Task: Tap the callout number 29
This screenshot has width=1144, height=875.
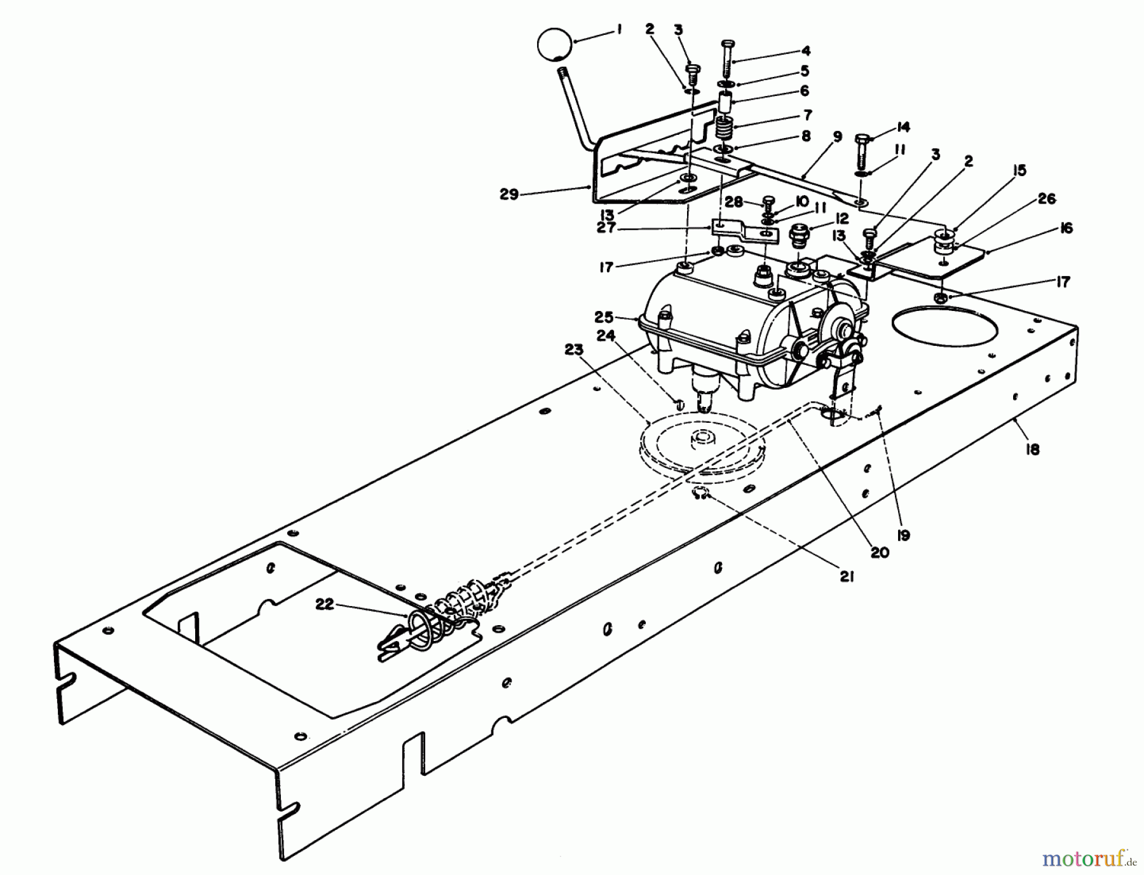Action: pyautogui.click(x=508, y=195)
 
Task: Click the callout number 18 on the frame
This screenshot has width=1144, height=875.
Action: pyautogui.click(x=1032, y=450)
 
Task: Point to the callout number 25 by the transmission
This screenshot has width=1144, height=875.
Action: pyautogui.click(x=604, y=316)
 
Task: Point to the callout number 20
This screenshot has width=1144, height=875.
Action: pyautogui.click(x=880, y=553)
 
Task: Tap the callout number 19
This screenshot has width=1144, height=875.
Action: pyautogui.click(x=902, y=535)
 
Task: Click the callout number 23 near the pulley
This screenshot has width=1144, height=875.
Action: pyautogui.click(x=574, y=348)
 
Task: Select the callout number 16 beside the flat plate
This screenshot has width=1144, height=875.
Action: pyautogui.click(x=1066, y=228)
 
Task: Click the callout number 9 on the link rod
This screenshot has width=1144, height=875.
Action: pyautogui.click(x=837, y=136)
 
